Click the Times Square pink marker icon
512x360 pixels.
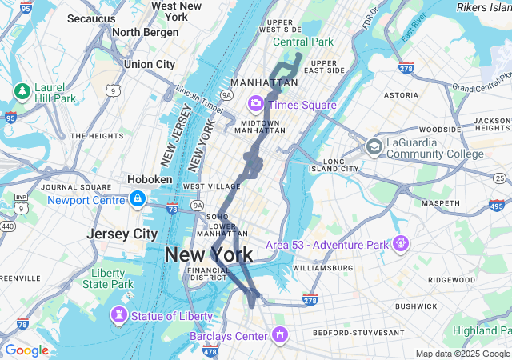[256, 104]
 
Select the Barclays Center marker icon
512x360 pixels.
[280, 334]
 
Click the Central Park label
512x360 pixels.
[302, 42]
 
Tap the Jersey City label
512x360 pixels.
[122, 234]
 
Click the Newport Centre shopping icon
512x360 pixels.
[138, 198]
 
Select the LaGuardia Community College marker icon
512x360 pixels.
[374, 146]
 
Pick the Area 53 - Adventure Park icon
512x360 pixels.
[400, 242]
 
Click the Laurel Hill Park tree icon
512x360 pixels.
[21, 90]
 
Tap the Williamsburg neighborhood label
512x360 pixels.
[322, 267]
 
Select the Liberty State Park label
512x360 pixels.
[107, 278]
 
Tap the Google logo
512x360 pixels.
[26, 350]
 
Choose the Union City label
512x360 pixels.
[150, 64]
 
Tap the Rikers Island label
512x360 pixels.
[483, 7]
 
